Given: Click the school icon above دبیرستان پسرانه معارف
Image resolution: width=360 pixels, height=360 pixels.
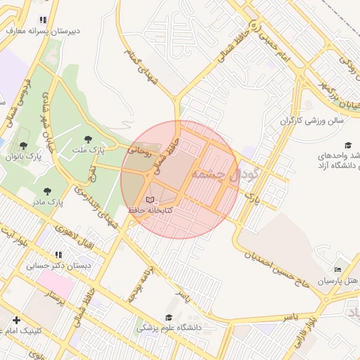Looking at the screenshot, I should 44,20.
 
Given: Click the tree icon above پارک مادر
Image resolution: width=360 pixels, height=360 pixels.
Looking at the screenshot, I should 47,191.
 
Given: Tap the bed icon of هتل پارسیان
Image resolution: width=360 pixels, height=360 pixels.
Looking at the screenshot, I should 337,270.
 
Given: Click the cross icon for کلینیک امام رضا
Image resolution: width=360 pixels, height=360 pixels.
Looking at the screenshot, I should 16,320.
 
